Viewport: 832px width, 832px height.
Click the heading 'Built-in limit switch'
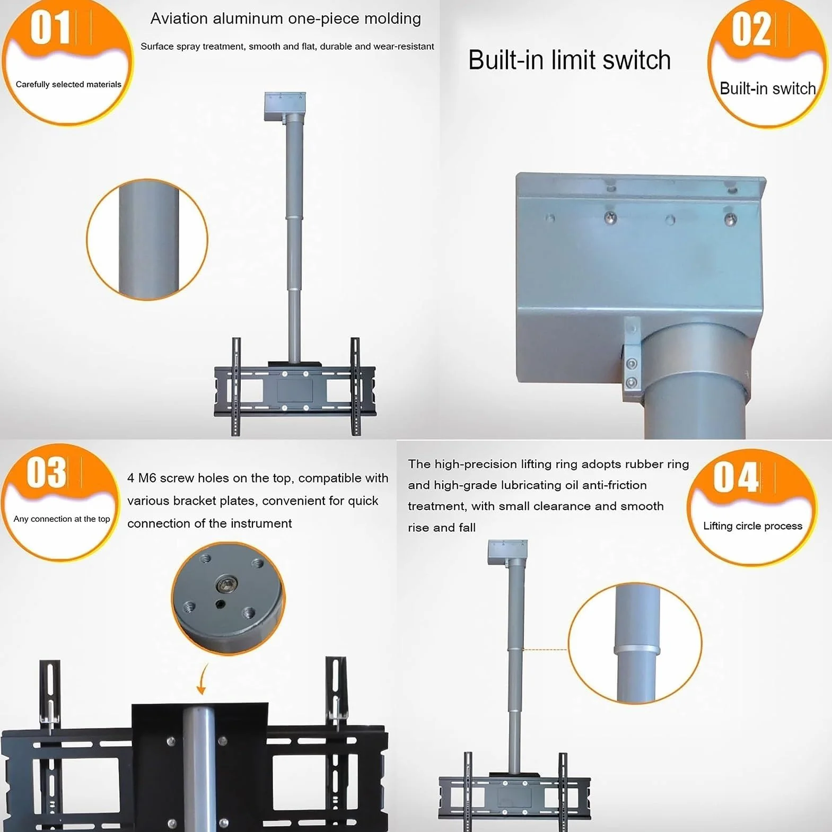[x=570, y=60]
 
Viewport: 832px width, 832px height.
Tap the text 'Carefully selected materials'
[x=68, y=84]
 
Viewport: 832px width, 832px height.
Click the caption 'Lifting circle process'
[x=752, y=526]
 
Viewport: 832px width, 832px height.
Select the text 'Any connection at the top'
[x=62, y=519]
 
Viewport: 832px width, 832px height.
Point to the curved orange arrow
[x=202, y=680]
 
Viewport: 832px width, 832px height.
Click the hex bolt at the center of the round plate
[x=226, y=585]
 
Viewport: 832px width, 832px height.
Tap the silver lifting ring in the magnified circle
[x=637, y=651]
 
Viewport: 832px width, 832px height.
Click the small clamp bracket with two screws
[x=631, y=361]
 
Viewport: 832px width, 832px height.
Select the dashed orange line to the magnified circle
[x=545, y=649]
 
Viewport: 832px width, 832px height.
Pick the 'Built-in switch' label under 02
[x=767, y=88]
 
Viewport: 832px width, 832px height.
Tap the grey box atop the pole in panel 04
[x=507, y=552]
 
